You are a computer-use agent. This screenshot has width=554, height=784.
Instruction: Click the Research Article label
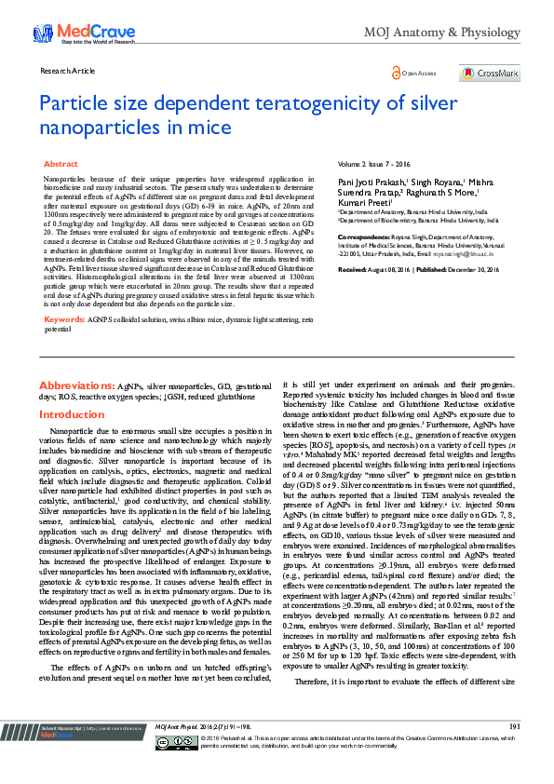pos(69,71)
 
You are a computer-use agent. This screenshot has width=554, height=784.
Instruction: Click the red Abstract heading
pos(61,164)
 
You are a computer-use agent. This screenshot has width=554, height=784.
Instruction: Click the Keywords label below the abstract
pos(64,318)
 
